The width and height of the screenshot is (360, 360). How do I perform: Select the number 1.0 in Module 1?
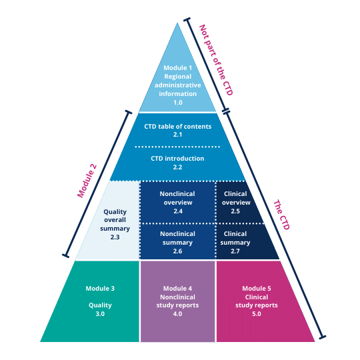coord(177,103)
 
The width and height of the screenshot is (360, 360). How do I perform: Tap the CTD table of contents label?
coord(177,126)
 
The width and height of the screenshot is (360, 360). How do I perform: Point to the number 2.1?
coord(177,135)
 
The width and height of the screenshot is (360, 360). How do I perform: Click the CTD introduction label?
coord(177,159)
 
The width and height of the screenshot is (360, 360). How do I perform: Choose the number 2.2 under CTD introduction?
coord(177,167)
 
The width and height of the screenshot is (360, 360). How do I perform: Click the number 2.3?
coord(115,237)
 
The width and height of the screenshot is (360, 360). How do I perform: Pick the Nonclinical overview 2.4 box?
coord(177,201)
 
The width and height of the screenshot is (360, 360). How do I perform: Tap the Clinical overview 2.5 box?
coord(236,201)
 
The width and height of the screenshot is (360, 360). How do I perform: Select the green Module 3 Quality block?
coord(93,301)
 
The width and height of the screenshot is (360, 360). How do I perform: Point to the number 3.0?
coord(100,313)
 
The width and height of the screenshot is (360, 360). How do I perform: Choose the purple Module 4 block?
coord(177,301)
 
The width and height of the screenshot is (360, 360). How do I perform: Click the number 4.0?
coord(177,313)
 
